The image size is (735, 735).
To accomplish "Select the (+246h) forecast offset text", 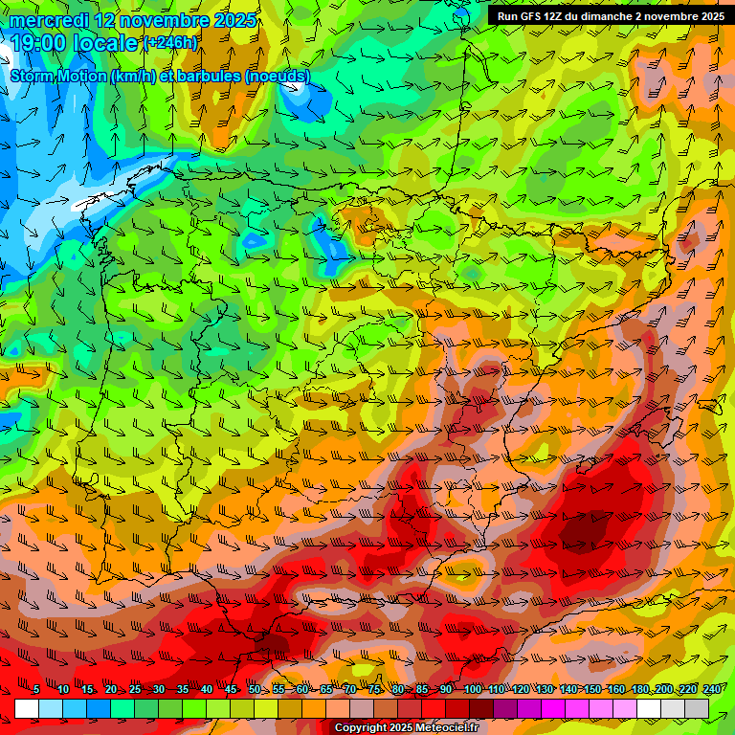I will [x=171, y=43].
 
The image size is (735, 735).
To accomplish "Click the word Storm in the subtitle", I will [x=33, y=76].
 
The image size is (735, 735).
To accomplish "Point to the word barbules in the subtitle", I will [x=211, y=76].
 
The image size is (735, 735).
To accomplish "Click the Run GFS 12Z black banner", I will [x=610, y=16].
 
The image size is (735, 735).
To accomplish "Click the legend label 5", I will [x=36, y=689].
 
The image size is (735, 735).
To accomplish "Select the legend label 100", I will [x=472, y=689].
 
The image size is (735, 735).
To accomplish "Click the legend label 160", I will [x=615, y=689].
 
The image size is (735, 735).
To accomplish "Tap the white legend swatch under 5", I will [x=27, y=708].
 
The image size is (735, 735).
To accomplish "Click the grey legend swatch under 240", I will [x=697, y=708].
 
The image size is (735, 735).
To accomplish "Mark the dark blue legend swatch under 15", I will [x=99, y=708].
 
